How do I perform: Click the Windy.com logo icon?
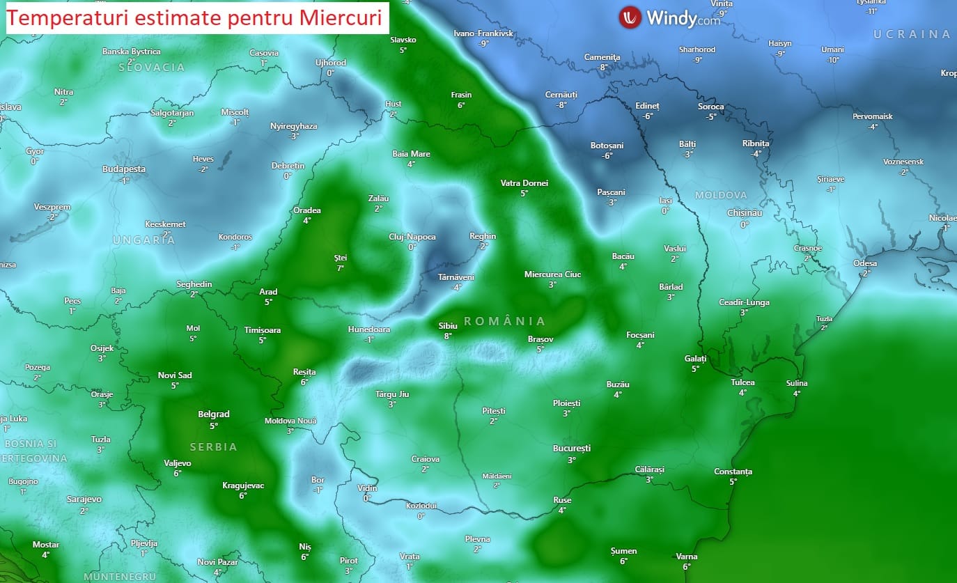point(630,17)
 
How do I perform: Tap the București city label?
point(572,449)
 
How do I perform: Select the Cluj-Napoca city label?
point(412,237)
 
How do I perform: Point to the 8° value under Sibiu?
point(448,336)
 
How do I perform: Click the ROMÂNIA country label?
point(504,321)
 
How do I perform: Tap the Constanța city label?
point(733,472)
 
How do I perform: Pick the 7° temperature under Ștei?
point(341,267)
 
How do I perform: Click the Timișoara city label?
point(263,330)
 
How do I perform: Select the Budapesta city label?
point(124,169)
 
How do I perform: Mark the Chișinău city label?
point(745,213)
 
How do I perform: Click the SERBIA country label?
point(214,446)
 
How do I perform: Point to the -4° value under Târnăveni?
point(456,287)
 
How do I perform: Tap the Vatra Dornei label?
point(524,183)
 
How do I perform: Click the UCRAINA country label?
point(912,34)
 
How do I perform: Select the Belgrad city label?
point(214,414)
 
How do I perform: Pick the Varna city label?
point(687,557)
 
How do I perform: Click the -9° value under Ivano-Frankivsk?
point(483,43)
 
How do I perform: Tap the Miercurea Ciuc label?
point(552,274)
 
